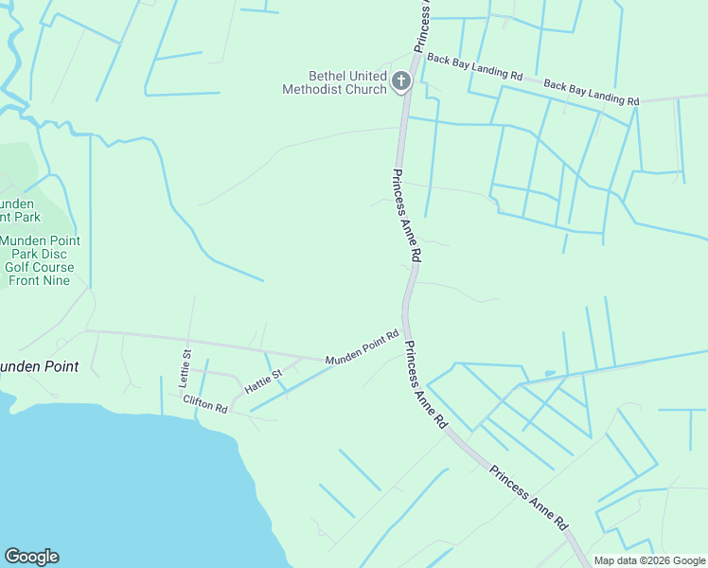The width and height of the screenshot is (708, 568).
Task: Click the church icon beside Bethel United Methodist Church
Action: (x=400, y=81)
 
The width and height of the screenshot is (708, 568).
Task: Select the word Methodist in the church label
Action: (x=322, y=89)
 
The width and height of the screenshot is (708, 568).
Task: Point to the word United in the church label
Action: (x=368, y=76)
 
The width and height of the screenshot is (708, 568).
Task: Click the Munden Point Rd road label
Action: (x=363, y=348)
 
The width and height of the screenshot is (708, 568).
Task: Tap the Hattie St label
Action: (x=264, y=382)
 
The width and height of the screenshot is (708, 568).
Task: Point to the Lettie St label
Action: (x=186, y=367)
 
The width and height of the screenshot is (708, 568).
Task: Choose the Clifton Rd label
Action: (x=205, y=403)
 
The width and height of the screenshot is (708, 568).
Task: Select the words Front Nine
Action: (x=39, y=280)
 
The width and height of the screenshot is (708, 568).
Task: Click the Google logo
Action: (x=31, y=557)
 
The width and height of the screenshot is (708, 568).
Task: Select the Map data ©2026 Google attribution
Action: (x=649, y=560)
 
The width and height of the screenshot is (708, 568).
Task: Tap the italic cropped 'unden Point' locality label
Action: (x=38, y=365)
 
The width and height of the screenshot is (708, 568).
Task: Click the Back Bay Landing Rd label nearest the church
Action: (x=474, y=66)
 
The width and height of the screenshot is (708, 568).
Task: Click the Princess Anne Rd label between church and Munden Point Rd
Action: (x=405, y=216)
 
